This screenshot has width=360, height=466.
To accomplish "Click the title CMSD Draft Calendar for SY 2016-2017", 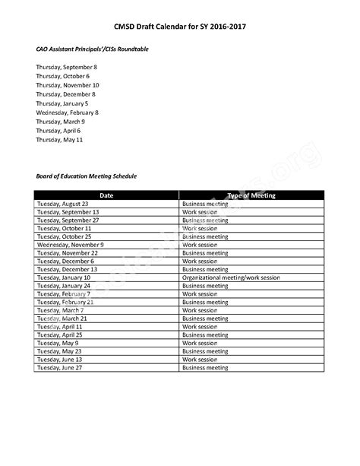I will coord(180,27).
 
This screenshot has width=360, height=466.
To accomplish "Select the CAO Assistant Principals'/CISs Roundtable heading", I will coord(92,49).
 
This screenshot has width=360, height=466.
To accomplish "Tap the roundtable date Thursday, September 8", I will coord(66,67).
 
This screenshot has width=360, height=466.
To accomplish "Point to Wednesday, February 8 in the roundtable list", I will coord(67,113).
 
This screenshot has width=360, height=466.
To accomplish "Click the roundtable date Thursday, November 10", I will coord(67,85).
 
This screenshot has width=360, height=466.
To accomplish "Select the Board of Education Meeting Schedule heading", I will coord(86,176).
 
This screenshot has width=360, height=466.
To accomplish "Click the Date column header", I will coord(106,195).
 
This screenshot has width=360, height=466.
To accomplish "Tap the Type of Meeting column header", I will coord(251,195).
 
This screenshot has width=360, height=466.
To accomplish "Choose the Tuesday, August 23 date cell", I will coord(62,204).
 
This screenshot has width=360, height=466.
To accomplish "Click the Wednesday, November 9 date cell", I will coord(70,245).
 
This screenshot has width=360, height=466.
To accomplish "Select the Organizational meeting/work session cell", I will coord(231,277).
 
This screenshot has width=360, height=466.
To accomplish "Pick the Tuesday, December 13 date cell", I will coord(67,269).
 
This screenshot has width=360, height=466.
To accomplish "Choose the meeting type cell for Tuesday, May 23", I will coord(205,351).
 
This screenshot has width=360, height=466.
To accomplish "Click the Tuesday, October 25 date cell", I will coord(63,236).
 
